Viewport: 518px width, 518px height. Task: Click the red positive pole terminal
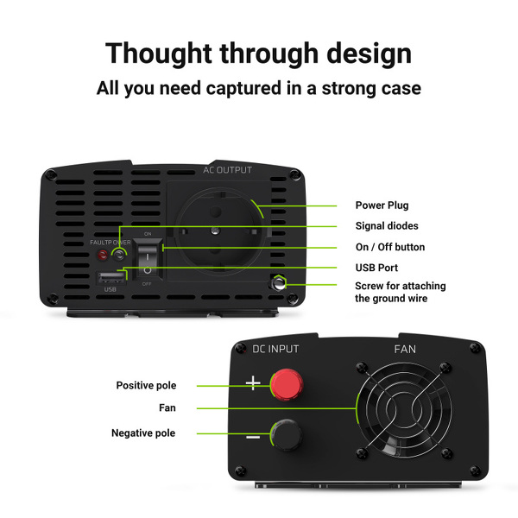click(287, 385)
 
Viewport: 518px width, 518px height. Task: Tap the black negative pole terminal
click(287, 435)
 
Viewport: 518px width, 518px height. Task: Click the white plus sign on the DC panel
click(253, 382)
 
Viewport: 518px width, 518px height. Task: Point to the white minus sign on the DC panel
click(253, 438)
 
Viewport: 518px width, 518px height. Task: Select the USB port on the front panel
click(111, 278)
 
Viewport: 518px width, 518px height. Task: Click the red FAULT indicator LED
click(103, 255)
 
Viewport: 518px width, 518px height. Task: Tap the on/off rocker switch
click(148, 259)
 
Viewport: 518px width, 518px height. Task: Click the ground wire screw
click(279, 283)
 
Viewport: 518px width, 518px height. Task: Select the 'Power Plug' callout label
click(382, 205)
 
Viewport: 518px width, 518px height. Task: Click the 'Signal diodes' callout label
click(387, 226)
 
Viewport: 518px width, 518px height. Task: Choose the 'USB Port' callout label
click(376, 268)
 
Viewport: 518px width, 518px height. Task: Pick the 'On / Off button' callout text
click(390, 247)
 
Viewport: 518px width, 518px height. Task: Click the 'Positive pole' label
click(146, 385)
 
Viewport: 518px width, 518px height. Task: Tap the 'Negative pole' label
click(143, 433)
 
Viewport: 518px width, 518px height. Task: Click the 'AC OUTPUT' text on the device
click(227, 170)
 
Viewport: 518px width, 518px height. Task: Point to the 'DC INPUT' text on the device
click(275, 349)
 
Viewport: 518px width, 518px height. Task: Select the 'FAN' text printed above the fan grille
click(405, 349)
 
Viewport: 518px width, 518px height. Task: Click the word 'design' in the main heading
click(369, 54)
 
